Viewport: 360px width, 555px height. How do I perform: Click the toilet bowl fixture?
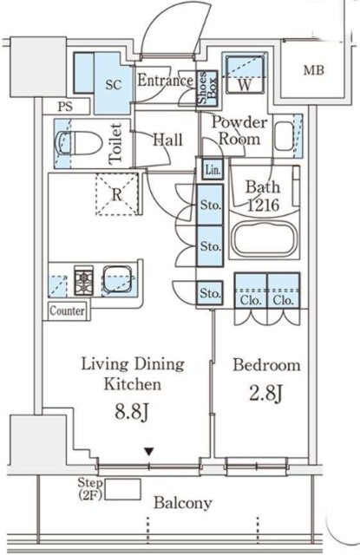pyautogui.click(x=75, y=142)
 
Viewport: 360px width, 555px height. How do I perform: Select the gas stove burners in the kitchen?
pyautogui.click(x=84, y=280)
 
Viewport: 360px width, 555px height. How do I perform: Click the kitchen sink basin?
pyautogui.click(x=117, y=279)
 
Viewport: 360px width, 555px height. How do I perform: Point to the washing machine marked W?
pyautogui.click(x=245, y=74)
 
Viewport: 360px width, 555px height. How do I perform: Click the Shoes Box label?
pyautogui.click(x=206, y=88)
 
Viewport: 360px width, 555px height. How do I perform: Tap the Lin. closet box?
pyautogui.click(x=213, y=169)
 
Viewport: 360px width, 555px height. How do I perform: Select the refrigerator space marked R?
pyautogui.click(x=117, y=194)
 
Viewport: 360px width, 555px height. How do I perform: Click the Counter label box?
pyautogui.click(x=68, y=310)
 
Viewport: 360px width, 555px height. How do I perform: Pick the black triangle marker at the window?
pyautogui.click(x=149, y=452)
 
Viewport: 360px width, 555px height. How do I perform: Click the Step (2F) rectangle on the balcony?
pyautogui.click(x=123, y=489)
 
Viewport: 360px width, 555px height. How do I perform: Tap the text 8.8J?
pyautogui.click(x=131, y=412)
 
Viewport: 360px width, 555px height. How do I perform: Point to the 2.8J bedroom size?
pyautogui.click(x=265, y=393)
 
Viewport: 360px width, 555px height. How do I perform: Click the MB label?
pyautogui.click(x=314, y=70)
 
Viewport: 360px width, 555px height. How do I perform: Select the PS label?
pyautogui.click(x=65, y=106)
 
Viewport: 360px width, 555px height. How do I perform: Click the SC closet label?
pyautogui.click(x=114, y=84)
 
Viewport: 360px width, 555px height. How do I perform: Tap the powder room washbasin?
pyautogui.click(x=284, y=136)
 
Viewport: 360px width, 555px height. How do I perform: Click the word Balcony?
pyautogui.click(x=183, y=503)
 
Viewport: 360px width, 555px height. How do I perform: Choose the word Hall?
pyautogui.click(x=167, y=140)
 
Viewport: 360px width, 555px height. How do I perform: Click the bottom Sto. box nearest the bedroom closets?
pyautogui.click(x=210, y=293)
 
